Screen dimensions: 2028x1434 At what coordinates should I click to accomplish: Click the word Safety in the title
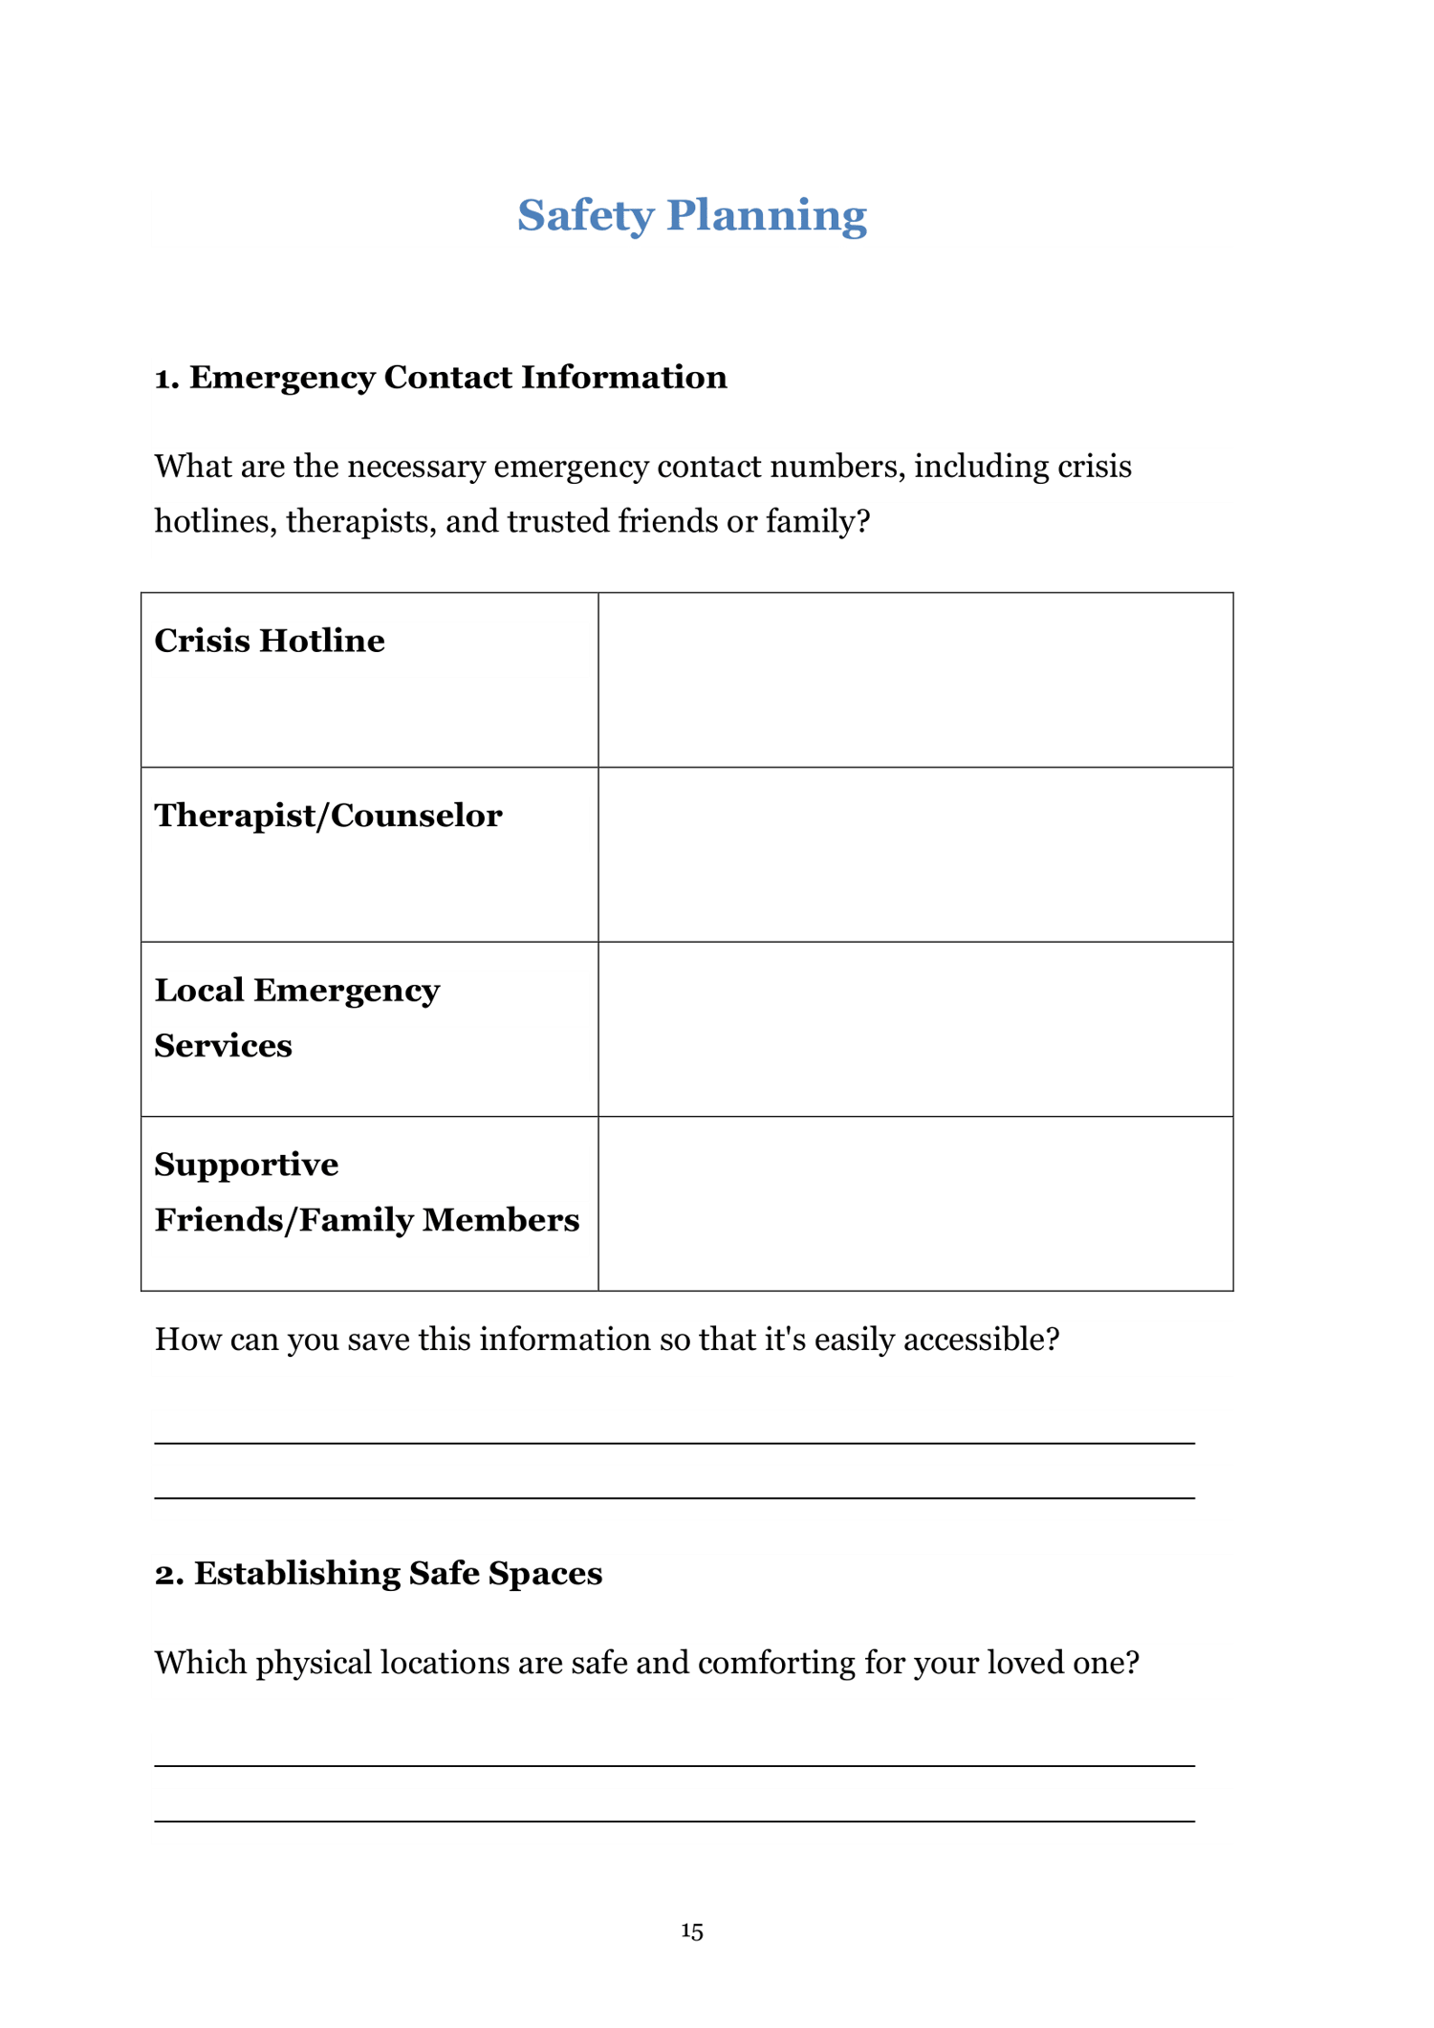click(x=585, y=215)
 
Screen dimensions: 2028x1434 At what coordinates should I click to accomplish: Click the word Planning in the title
click(x=767, y=215)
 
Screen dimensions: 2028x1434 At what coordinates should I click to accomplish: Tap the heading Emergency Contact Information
click(x=458, y=378)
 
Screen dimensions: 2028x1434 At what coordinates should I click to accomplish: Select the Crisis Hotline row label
click(x=270, y=641)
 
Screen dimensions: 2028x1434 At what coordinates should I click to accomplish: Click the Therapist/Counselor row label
click(x=328, y=816)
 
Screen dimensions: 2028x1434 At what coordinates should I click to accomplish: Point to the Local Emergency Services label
click(x=296, y=1017)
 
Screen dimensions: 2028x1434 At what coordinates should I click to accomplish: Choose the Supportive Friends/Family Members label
click(x=366, y=1192)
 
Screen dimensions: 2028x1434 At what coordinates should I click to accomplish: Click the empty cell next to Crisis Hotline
click(x=915, y=680)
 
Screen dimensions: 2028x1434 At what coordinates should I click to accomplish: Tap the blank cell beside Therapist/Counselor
click(x=915, y=855)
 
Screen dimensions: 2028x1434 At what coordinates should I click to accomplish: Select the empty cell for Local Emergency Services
click(x=915, y=1029)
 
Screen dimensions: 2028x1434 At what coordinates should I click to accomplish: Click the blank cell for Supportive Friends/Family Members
click(x=915, y=1204)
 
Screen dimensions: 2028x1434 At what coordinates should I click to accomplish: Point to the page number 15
click(x=692, y=1931)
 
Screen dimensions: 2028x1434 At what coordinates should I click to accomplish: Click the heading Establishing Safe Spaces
click(x=398, y=1574)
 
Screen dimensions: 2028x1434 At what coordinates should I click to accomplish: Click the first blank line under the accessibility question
click(x=674, y=1442)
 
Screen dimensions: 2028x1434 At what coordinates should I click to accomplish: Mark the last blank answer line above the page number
click(x=674, y=1821)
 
